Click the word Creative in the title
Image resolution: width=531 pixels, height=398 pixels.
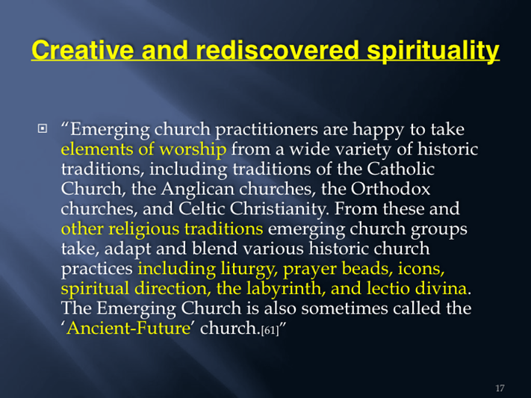(83, 50)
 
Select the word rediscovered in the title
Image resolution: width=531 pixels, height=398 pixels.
(277, 50)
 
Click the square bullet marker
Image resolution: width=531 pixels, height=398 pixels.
(43, 128)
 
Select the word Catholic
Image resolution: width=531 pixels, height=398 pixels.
(400, 169)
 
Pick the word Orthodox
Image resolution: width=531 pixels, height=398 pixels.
(390, 189)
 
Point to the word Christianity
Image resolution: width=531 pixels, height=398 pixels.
(279, 209)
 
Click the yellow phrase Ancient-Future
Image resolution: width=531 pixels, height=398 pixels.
(128, 328)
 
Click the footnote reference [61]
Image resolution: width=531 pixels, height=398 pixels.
(270, 330)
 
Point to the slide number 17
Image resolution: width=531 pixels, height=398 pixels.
(500, 388)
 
